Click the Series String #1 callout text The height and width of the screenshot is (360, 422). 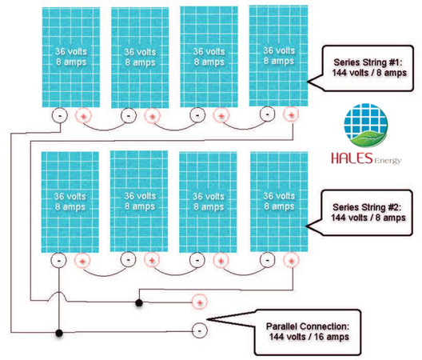click(368, 67)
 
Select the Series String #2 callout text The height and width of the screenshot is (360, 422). click(368, 212)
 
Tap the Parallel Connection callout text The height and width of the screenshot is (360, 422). click(309, 331)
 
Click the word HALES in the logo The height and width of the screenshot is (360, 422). click(352, 158)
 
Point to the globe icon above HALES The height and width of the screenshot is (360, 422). click(366, 126)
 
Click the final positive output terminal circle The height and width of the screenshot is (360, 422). click(200, 302)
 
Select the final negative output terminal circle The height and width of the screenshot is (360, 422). click(200, 330)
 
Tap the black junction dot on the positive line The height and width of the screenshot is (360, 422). click(139, 303)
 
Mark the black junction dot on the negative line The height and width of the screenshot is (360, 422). click(59, 333)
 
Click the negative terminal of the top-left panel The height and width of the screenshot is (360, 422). click(59, 115)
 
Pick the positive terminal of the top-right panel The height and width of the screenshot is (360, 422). click(291, 114)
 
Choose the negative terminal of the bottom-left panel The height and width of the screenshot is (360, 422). click(58, 261)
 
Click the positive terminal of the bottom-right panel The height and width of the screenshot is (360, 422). click(291, 260)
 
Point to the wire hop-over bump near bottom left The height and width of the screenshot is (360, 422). click(58, 292)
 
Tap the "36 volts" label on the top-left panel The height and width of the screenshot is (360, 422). click(71, 51)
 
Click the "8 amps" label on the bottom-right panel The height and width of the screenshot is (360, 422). click(279, 206)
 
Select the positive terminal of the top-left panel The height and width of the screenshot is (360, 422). click(83, 116)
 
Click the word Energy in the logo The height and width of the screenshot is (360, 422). click(388, 161)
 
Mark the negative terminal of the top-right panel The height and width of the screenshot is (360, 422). click(267, 114)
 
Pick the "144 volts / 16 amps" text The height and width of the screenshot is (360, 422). click(309, 337)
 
